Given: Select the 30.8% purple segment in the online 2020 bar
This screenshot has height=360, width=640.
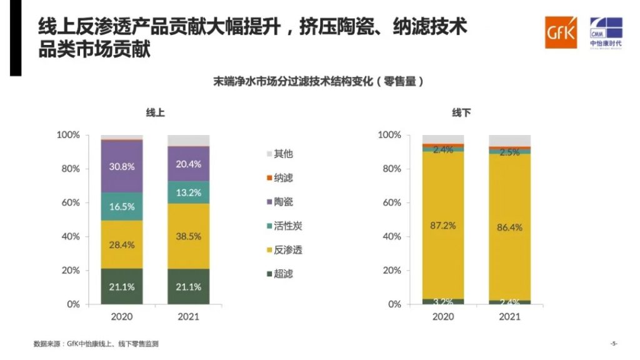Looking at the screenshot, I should click(x=122, y=166).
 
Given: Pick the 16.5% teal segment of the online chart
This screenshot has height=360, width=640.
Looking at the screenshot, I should click(x=122, y=206).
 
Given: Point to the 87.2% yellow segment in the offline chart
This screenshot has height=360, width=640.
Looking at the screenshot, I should click(x=442, y=225).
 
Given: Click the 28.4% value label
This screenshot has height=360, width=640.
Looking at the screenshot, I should click(x=122, y=244).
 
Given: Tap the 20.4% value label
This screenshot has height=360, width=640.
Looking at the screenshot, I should click(x=188, y=164).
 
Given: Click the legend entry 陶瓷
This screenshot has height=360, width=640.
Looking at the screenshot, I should click(x=283, y=202).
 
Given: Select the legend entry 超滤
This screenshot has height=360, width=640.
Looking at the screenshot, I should click(x=283, y=274).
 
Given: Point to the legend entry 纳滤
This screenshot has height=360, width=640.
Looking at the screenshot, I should click(x=283, y=178).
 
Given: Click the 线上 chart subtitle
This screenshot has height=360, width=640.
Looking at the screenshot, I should click(x=155, y=113).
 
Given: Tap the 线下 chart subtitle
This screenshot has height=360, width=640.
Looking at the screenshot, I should click(x=461, y=113).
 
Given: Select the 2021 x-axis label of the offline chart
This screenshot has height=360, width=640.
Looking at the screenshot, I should click(x=509, y=317).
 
